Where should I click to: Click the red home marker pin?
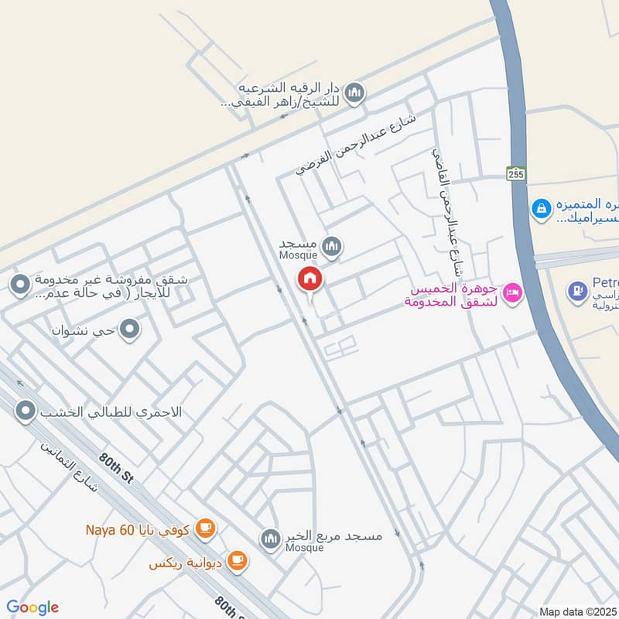[310, 279]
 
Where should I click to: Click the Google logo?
[32, 607]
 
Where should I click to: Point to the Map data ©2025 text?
[578, 611]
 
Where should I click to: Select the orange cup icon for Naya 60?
[205, 529]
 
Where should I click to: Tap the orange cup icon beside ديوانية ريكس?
[238, 561]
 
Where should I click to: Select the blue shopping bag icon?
[542, 207]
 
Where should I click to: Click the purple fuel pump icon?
[577, 292]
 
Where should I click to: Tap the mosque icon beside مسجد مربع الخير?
[270, 539]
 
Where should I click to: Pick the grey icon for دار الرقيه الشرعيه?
[354, 93]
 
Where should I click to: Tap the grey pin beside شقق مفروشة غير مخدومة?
[19, 286]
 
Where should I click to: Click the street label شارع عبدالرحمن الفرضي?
[355, 145]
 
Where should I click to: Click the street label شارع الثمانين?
[69, 469]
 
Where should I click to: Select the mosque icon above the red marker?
[332, 248]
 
